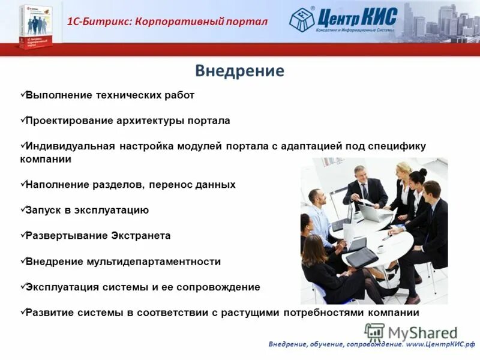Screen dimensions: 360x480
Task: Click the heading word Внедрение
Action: point(239,71)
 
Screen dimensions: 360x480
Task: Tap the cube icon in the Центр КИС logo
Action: point(302,20)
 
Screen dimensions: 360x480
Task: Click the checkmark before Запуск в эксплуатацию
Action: point(22,209)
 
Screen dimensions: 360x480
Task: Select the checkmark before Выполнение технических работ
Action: point(22,94)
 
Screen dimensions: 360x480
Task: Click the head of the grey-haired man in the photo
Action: point(359,172)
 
